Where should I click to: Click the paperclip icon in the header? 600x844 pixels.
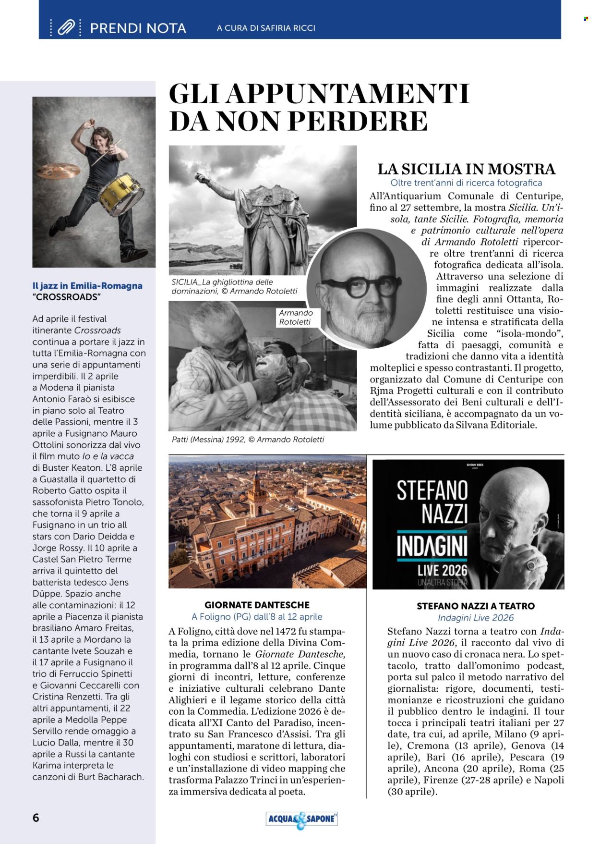66,28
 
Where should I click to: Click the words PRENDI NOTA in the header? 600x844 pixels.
138,28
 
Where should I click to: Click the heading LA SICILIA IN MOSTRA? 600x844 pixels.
466,169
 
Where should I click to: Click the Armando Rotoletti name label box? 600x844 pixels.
296,317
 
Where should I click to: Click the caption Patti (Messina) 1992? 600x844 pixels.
248,439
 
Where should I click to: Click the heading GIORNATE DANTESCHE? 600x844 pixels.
257,605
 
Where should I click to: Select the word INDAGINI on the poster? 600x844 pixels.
432,548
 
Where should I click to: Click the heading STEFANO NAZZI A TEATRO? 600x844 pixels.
475,606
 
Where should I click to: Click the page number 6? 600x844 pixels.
36,818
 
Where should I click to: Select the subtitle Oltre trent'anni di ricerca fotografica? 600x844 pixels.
466,183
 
